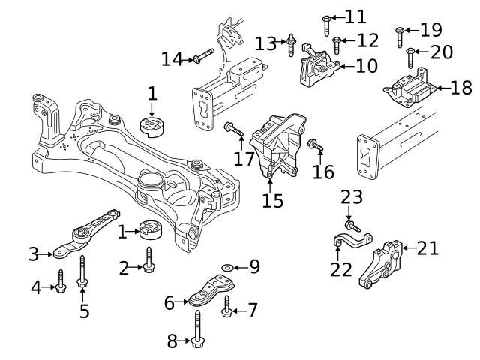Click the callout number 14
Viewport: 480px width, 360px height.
(172, 58)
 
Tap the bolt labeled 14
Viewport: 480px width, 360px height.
(203, 55)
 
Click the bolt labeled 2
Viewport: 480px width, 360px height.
(149, 262)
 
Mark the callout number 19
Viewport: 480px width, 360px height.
(430, 30)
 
